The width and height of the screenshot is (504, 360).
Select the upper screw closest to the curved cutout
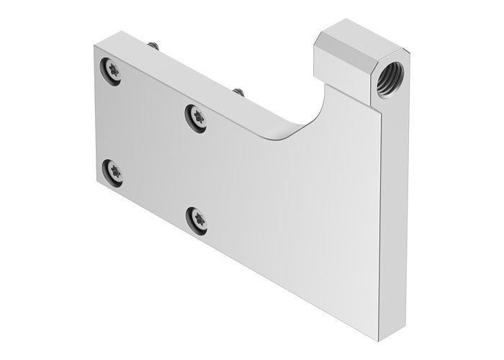pyautogui.click(x=196, y=117)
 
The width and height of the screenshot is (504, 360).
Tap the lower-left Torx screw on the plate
pyautogui.click(x=115, y=171)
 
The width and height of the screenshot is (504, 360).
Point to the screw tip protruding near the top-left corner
pyautogui.click(x=153, y=46)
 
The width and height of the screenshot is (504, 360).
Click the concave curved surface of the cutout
pyautogui.click(x=302, y=119)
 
